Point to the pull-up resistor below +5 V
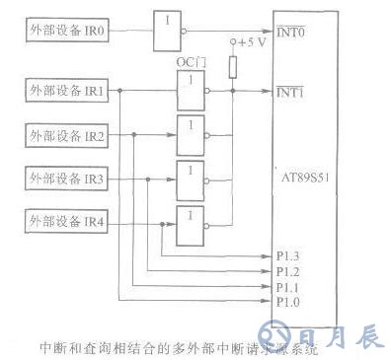click(232, 67)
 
